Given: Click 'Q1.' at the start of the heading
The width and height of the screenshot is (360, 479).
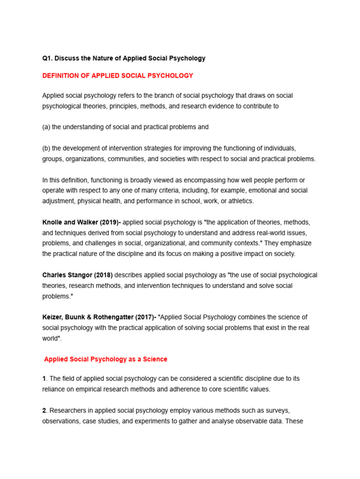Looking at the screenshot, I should click(x=47, y=58).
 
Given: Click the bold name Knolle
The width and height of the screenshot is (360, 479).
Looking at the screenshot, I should click(x=53, y=222).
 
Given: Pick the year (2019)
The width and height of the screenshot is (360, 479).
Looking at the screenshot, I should click(x=109, y=222).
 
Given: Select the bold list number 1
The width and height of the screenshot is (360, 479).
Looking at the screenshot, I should click(x=44, y=378).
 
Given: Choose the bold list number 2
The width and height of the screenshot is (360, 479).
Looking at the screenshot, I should click(x=44, y=410).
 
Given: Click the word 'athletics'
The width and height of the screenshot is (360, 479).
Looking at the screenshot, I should click(x=240, y=201).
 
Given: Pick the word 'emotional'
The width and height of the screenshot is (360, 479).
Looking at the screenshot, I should click(x=261, y=191).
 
